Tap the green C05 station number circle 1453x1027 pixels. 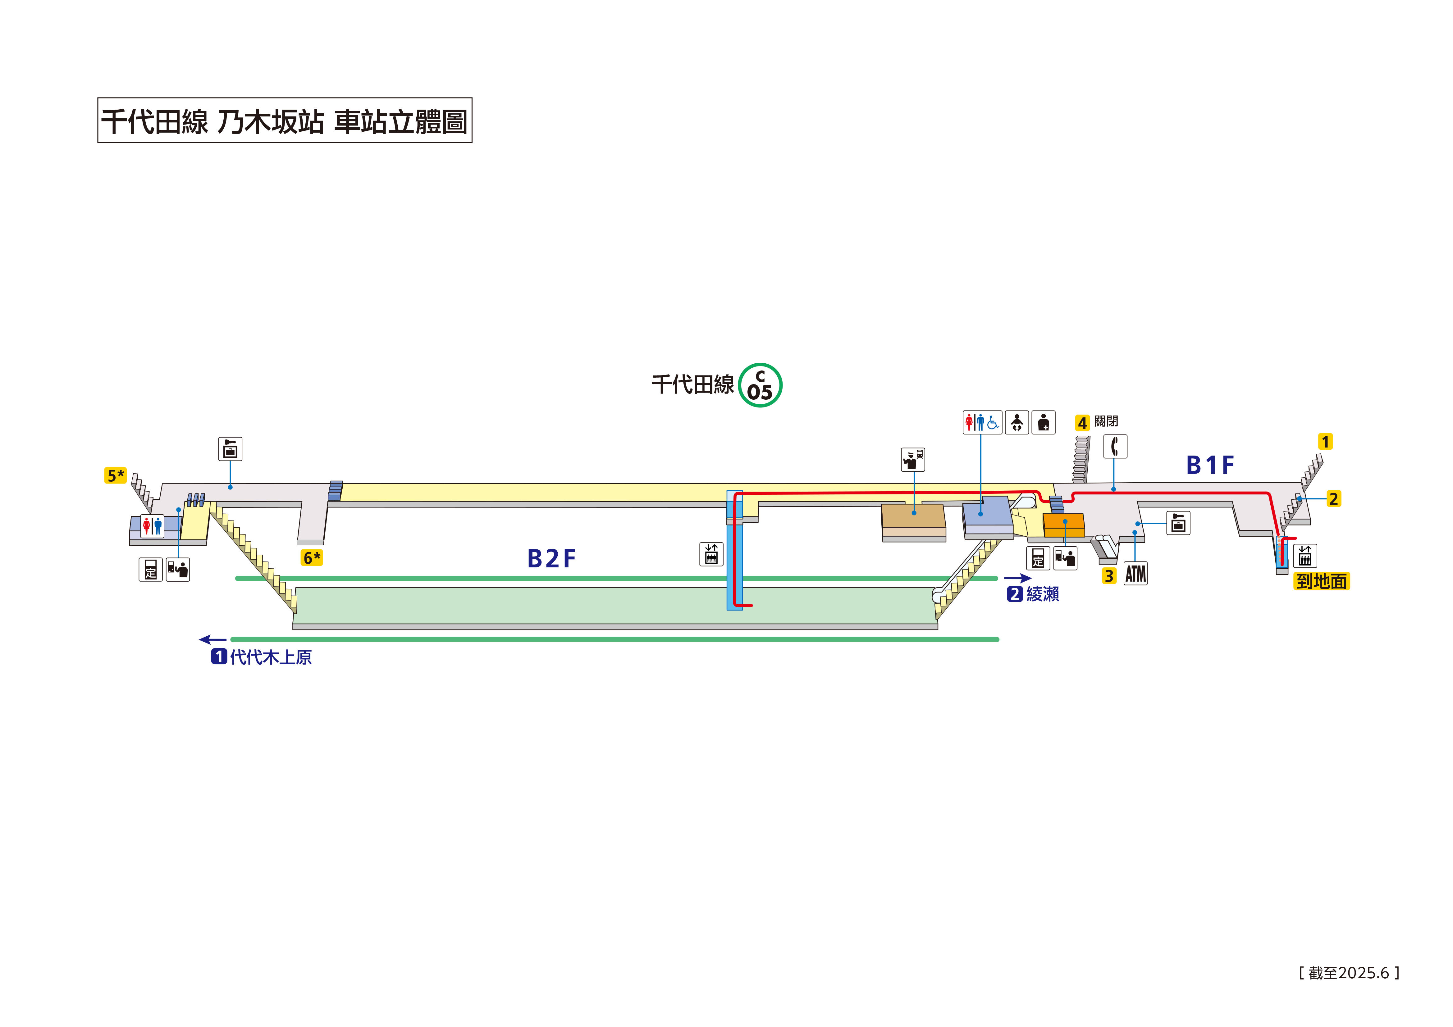[760, 385]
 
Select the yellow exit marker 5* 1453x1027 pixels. [115, 475]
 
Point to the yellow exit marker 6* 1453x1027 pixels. [311, 557]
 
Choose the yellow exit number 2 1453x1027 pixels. [1333, 499]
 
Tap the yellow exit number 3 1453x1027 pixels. [1109, 576]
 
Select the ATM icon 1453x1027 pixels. [1135, 573]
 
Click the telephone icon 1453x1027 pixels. [1115, 446]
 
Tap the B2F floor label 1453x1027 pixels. [551, 559]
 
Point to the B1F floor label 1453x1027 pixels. [1209, 465]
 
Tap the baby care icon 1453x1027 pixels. [1016, 422]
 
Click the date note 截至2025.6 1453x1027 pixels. [1349, 973]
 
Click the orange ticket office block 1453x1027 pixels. [1063, 525]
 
